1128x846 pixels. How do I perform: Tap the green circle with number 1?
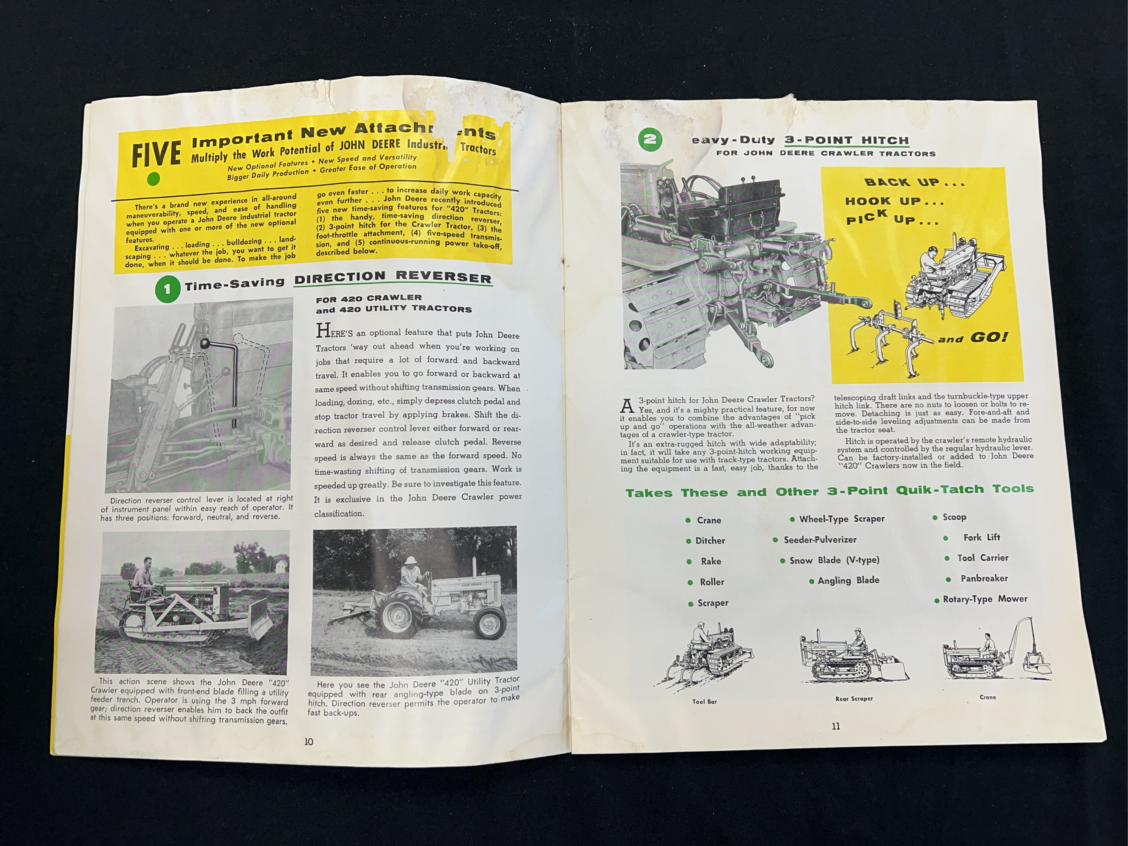click(x=167, y=289)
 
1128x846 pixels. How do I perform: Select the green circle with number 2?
click(x=650, y=140)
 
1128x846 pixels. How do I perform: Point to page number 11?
click(x=836, y=726)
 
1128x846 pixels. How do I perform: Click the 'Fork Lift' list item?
click(x=981, y=538)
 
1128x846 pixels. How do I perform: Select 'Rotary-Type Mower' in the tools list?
click(x=985, y=599)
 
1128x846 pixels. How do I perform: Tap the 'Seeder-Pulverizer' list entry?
click(x=820, y=539)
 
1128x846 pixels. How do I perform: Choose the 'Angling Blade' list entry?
click(x=848, y=580)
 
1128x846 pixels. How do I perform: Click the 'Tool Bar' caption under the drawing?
click(x=704, y=702)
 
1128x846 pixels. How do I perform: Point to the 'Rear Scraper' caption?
click(x=854, y=699)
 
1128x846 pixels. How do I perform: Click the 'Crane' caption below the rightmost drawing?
click(x=987, y=697)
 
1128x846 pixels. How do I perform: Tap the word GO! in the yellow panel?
click(x=989, y=337)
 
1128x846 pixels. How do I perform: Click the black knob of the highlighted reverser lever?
click(x=205, y=343)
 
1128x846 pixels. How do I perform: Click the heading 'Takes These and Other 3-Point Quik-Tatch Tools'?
click(x=830, y=491)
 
